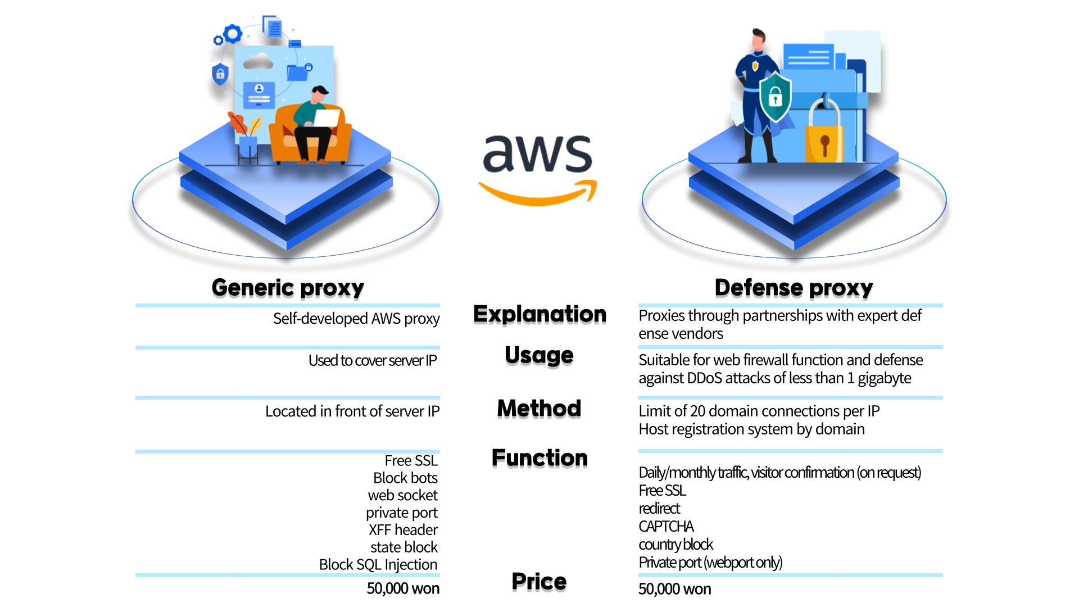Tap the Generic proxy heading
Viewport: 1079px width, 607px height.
click(288, 288)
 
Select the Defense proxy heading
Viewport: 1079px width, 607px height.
click(794, 288)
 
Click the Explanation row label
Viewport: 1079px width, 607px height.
click(539, 314)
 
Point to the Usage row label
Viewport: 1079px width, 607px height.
click(539, 355)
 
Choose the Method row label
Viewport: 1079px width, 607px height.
click(539, 408)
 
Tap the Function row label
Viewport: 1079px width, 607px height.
click(539, 458)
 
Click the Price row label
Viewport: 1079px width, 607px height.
click(539, 582)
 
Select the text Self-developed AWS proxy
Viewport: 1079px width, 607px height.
click(356, 319)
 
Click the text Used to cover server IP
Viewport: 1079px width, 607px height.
click(372, 360)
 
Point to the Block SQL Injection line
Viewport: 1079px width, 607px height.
click(378, 564)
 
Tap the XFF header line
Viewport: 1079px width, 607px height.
click(403, 530)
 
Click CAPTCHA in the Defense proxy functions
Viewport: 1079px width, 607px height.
click(666, 527)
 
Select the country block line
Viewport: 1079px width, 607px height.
click(675, 545)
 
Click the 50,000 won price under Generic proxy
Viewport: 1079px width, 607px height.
click(403, 588)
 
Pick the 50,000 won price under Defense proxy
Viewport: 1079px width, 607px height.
click(674, 589)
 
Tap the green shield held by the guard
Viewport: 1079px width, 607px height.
click(775, 97)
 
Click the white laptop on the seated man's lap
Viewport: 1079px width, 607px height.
click(327, 118)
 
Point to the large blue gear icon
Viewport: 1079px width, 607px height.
click(233, 34)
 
